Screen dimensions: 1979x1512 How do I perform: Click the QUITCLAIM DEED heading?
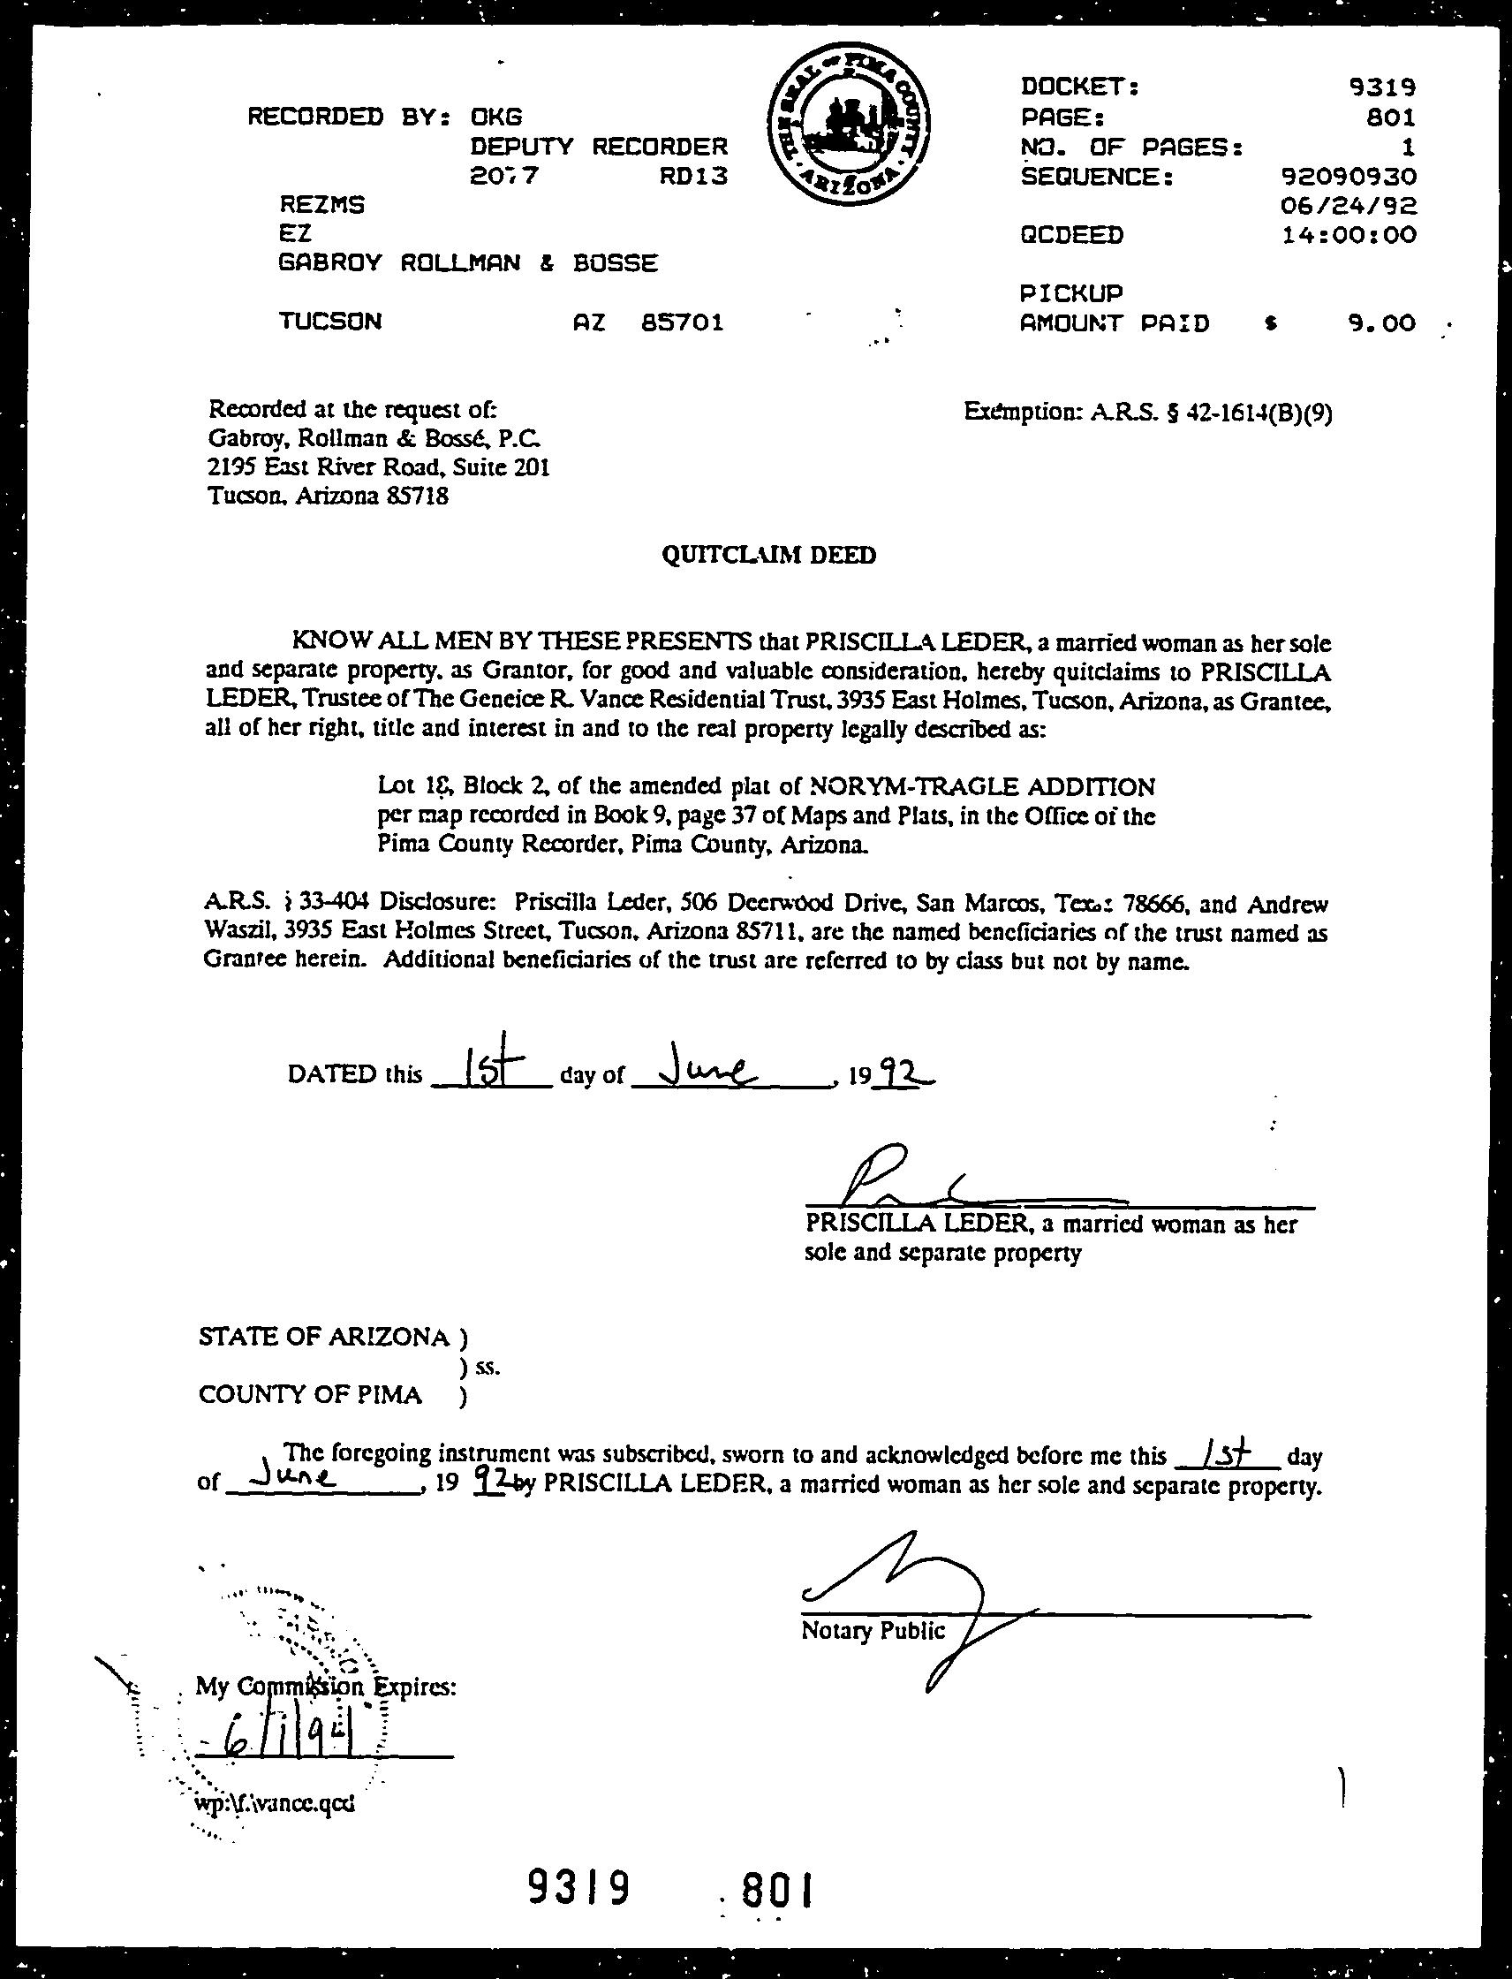point(768,556)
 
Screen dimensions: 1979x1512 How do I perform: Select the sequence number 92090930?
point(1349,176)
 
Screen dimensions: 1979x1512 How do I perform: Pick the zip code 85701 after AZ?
point(682,322)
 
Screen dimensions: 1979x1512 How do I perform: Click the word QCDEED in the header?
point(1072,235)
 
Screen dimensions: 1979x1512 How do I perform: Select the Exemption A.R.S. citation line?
point(1147,413)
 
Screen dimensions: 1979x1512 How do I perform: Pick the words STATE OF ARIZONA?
point(323,1337)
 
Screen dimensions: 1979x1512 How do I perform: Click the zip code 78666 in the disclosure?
point(1143,903)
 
